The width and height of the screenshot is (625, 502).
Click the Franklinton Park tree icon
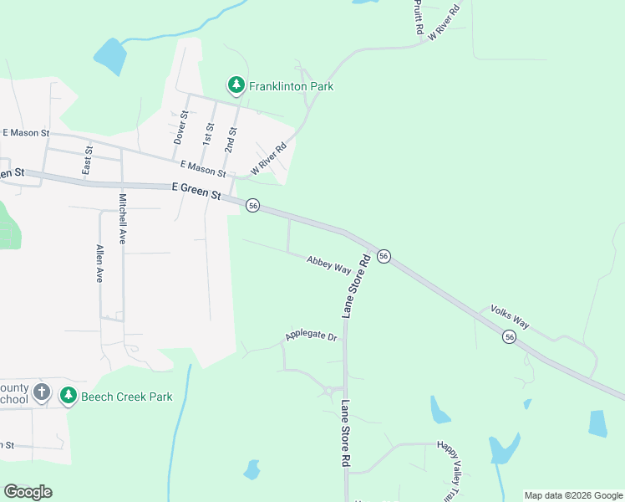[236, 85]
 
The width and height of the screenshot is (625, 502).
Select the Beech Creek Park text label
[127, 396]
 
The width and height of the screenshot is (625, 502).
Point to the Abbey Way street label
[328, 264]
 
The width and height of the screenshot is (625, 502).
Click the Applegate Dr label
[310, 336]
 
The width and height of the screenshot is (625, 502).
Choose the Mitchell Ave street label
[122, 218]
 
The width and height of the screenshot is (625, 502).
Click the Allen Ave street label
[99, 264]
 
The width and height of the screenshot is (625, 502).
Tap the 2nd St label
[231, 140]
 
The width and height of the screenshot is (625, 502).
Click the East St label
[87, 160]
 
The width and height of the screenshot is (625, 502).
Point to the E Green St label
[196, 192]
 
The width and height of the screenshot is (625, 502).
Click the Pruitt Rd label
[418, 18]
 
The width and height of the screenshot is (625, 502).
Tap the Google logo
[28, 492]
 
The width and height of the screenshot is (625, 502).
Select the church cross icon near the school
[43, 393]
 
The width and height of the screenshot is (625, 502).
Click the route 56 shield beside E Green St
[253, 205]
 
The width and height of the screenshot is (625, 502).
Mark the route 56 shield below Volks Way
[509, 336]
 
